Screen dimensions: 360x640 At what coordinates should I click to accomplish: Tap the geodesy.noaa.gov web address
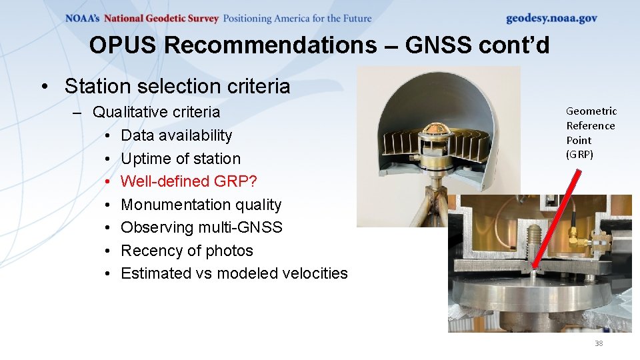[551, 18]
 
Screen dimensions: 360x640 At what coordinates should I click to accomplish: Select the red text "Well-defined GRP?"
[189, 181]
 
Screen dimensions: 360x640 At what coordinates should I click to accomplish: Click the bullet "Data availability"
[176, 135]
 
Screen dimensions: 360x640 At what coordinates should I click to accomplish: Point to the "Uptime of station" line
[180, 159]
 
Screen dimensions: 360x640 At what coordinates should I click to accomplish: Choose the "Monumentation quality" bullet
[201, 205]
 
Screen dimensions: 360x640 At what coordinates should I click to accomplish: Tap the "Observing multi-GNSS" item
[201, 227]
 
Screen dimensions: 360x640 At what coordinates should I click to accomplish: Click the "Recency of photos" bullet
[187, 251]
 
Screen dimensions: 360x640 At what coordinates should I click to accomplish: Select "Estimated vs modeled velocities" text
[234, 273]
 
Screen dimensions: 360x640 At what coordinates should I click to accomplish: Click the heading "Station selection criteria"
[177, 86]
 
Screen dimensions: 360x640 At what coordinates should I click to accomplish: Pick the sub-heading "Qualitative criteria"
[156, 112]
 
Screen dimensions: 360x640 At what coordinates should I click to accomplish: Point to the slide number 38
[598, 343]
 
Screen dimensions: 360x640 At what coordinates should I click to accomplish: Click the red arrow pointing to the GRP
[554, 220]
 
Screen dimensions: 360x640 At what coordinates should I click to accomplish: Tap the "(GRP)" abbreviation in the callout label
[579, 155]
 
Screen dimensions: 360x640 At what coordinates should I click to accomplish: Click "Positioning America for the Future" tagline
[297, 19]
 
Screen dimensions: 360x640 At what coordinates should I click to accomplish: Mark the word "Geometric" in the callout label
[591, 111]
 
